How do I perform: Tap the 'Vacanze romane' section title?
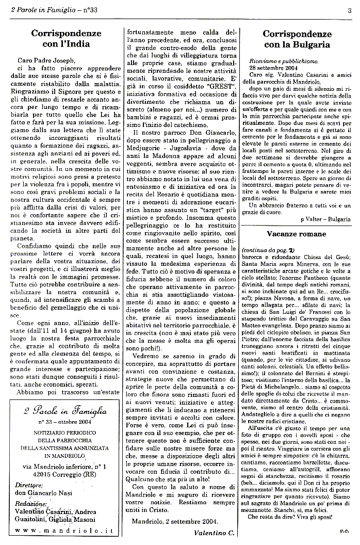[x=296, y=234]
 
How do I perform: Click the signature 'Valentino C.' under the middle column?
[x=214, y=532]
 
